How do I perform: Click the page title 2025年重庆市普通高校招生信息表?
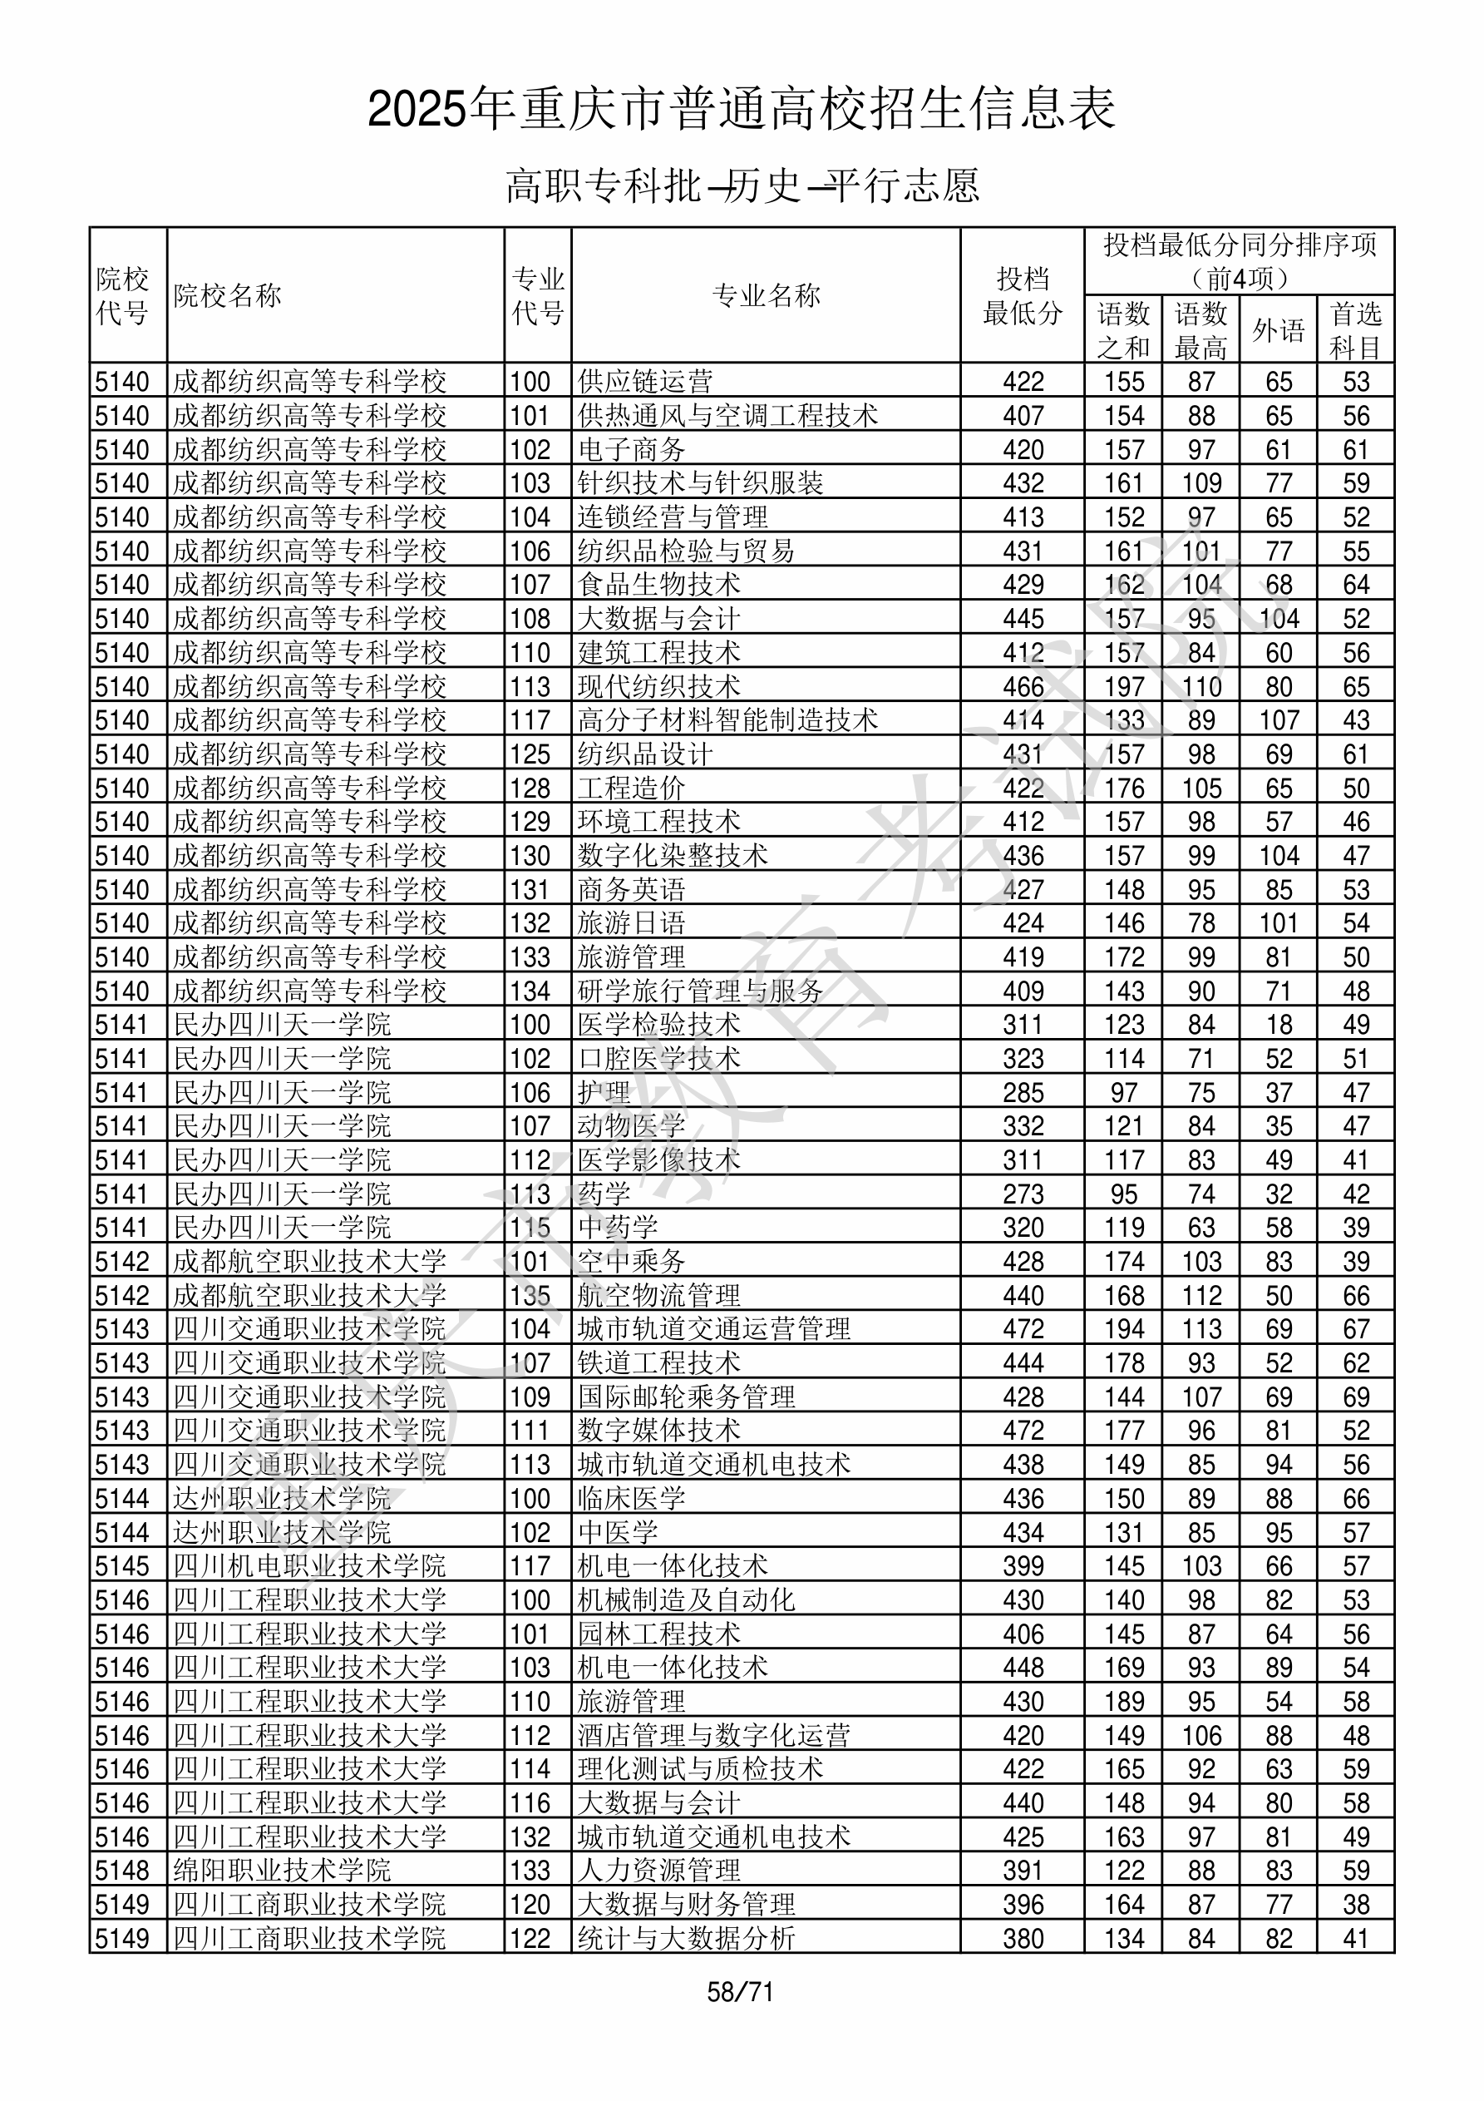(x=741, y=110)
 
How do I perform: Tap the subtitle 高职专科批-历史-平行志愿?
(x=742, y=185)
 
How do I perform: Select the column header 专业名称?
(x=766, y=295)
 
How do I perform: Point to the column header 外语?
(x=1278, y=330)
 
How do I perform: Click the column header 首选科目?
(x=1355, y=330)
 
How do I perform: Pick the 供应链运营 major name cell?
(x=645, y=382)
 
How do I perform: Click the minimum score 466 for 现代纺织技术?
(x=1022, y=687)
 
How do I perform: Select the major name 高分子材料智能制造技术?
(x=727, y=721)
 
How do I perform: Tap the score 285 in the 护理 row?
(x=1022, y=1094)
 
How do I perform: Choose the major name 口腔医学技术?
(x=658, y=1060)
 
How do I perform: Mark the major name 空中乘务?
(x=631, y=1262)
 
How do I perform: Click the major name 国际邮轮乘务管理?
(x=686, y=1397)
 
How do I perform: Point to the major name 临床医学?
(x=631, y=1499)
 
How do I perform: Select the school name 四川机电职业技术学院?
(x=309, y=1566)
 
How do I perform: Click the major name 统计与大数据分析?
(x=686, y=1939)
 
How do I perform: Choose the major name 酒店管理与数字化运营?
(x=713, y=1736)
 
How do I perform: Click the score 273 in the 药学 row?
(x=1022, y=1194)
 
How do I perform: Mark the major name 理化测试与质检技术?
(x=700, y=1770)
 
